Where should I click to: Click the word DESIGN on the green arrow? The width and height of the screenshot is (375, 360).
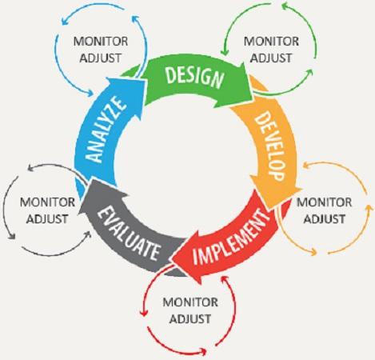coord(194,77)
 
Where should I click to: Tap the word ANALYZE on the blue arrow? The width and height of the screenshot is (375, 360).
coord(106,130)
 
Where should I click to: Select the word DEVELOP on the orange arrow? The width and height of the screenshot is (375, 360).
coord(268,146)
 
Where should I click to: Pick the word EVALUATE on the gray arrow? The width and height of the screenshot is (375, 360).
coord(129,234)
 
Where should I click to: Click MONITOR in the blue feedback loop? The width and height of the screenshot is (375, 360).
coord(101,42)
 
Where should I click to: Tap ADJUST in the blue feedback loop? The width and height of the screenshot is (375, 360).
coord(101,58)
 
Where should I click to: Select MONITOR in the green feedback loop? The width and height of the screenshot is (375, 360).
coord(271,42)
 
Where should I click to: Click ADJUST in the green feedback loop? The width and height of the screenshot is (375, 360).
coord(271,58)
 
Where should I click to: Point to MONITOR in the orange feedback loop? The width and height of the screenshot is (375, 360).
coord(324,202)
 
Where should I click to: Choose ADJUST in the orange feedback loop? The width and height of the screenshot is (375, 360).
coord(325,219)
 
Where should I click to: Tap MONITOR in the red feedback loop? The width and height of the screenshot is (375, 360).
coord(190,302)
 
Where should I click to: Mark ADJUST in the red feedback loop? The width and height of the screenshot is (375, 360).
coord(190,319)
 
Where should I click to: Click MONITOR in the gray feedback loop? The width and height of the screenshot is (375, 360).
coord(47,202)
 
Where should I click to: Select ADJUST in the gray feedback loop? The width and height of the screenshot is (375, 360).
coord(47,219)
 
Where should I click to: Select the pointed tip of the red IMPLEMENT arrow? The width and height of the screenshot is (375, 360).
coord(171,258)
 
